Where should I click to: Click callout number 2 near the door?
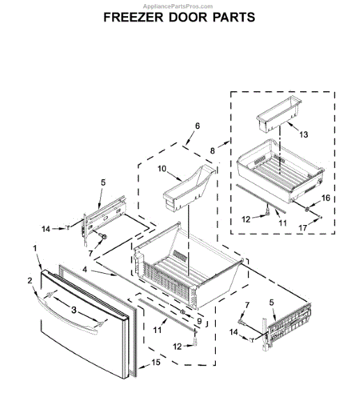point(29,281)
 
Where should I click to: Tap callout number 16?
point(325,198)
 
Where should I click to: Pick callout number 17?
point(322,226)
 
